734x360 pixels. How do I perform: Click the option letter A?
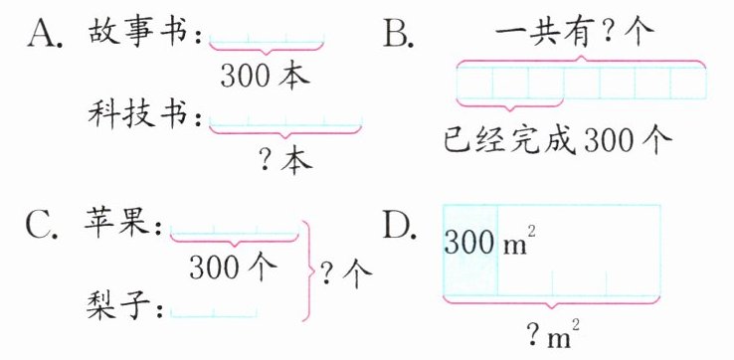click(45, 34)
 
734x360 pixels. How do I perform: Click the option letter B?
click(398, 34)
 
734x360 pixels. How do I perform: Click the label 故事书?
click(140, 33)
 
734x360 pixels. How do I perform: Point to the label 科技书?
click(140, 114)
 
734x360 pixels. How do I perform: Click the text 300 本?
click(265, 76)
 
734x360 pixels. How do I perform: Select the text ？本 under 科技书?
click(285, 162)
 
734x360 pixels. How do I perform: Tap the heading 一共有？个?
click(574, 33)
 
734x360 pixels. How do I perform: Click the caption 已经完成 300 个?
click(558, 140)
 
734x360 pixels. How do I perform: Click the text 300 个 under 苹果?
click(233, 269)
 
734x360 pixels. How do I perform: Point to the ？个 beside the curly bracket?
click(345, 271)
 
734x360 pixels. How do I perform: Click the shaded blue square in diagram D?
click(470, 250)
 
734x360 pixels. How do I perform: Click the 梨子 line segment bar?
click(214, 314)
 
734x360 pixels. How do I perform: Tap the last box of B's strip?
click(687, 84)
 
